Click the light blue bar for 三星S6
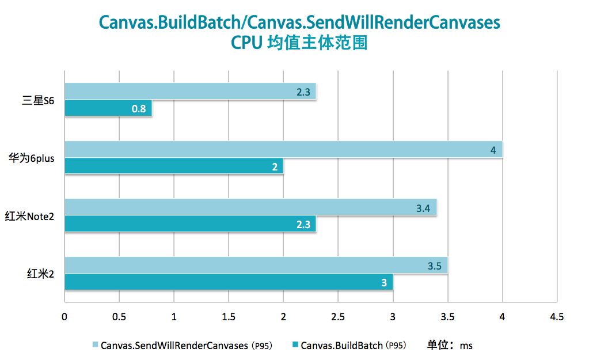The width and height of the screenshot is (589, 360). [x=190, y=92]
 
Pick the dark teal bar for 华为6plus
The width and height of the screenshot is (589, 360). [x=173, y=166]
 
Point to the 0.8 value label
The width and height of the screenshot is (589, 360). [x=139, y=108]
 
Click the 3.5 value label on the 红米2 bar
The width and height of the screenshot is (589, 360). [x=435, y=266]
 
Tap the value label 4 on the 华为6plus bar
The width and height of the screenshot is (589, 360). [x=493, y=150]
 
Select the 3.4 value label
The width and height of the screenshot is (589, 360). [x=424, y=207]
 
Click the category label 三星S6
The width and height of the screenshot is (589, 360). [x=38, y=100]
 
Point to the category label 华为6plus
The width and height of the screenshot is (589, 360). [x=31, y=158]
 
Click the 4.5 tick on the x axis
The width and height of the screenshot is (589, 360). [x=557, y=317]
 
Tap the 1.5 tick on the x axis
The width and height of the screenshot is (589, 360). [x=229, y=317]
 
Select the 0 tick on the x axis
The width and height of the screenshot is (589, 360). [x=64, y=317]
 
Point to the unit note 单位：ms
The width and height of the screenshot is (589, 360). [x=450, y=346]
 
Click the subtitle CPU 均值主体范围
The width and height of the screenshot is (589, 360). [x=299, y=44]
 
